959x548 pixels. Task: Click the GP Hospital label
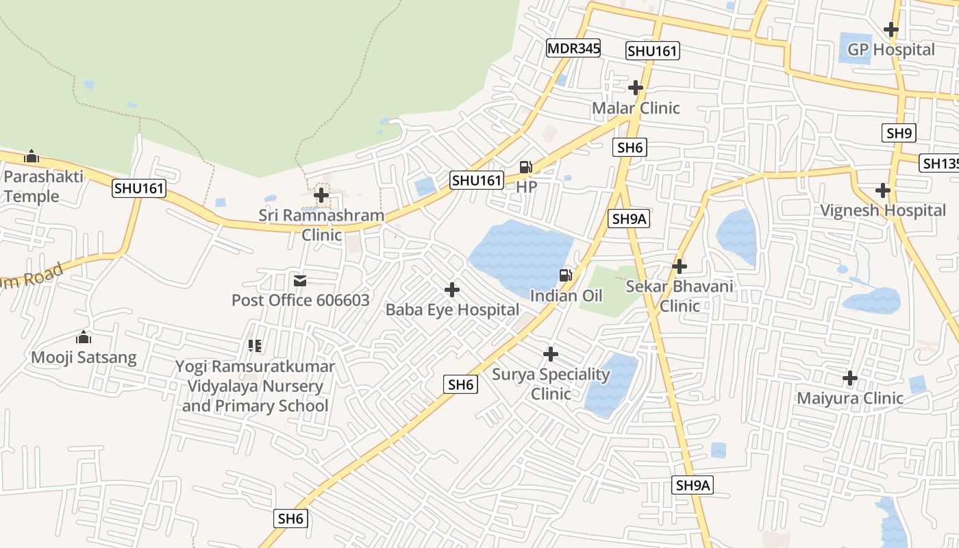coord(891,49)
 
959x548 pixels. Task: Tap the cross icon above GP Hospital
coord(891,29)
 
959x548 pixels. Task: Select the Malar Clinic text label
coord(636,108)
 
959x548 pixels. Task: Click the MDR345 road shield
coord(573,48)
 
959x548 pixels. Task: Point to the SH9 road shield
coord(899,133)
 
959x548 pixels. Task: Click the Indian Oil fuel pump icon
coord(566,275)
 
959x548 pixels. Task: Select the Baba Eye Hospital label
coord(452,310)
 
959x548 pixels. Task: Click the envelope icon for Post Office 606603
coord(300,280)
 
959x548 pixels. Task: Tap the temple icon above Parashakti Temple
coord(32,156)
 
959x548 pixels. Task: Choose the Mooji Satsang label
coord(84,357)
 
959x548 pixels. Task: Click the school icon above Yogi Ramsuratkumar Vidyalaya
coord(255,346)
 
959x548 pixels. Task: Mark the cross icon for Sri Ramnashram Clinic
coord(321,196)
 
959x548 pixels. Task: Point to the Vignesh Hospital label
coord(883,210)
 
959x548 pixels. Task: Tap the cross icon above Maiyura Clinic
coord(849,378)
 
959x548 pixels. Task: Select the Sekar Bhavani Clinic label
coord(680,296)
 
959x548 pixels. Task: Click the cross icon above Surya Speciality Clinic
coord(551,354)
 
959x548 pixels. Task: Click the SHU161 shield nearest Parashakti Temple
coord(140,188)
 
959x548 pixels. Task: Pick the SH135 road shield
coord(939,163)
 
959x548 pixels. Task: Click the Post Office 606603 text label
coord(300,300)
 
